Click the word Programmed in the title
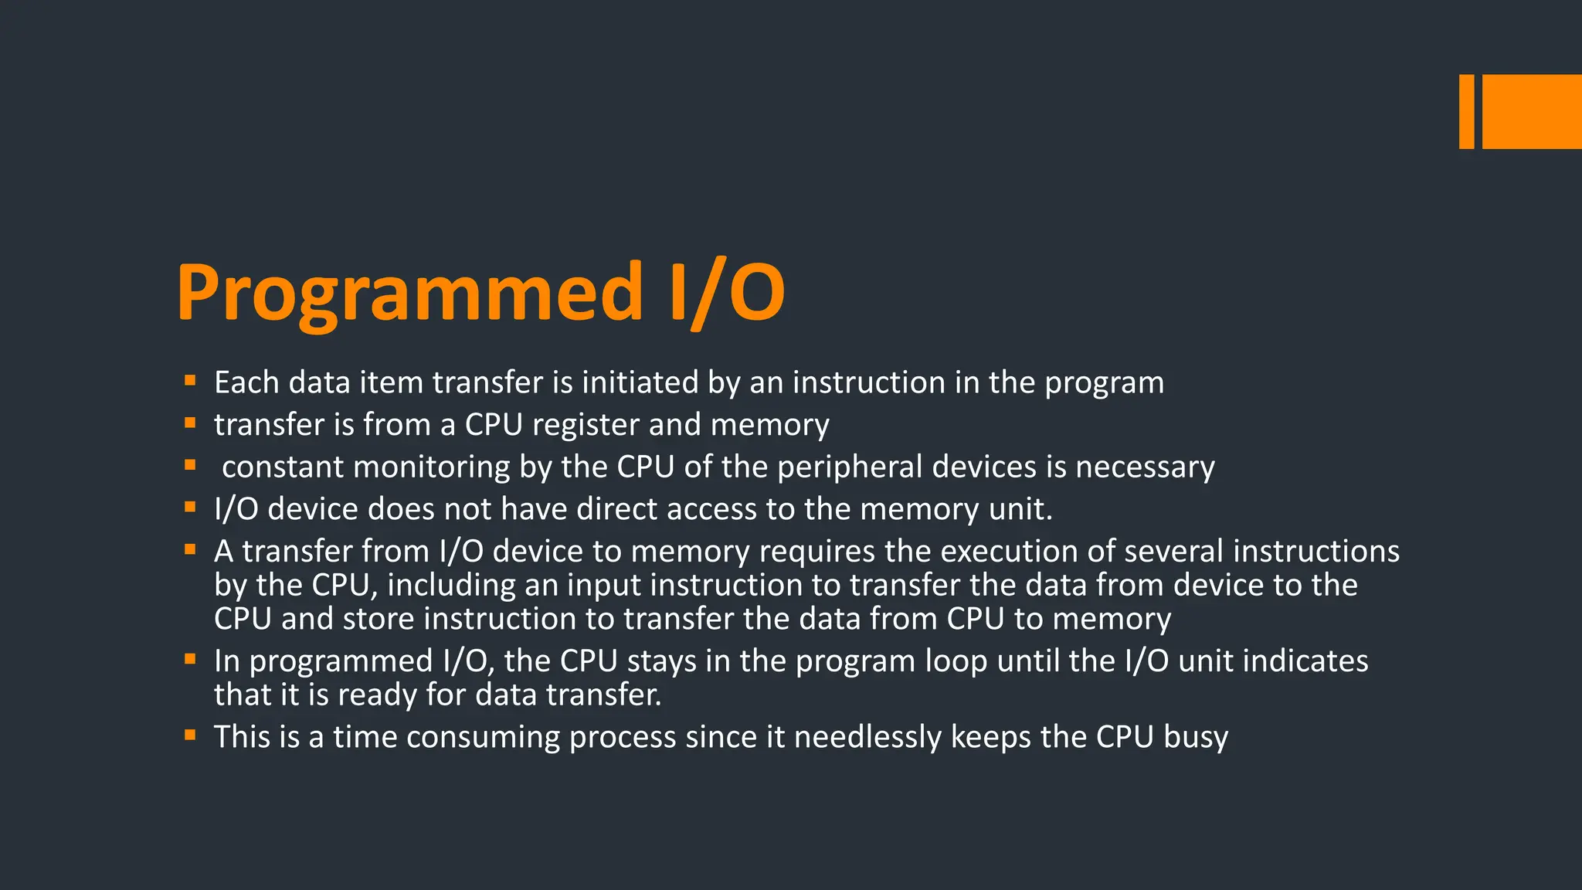click(409, 294)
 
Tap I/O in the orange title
click(726, 294)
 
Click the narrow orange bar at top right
click(1466, 111)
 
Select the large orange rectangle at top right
click(1532, 111)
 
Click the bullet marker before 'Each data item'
click(190, 380)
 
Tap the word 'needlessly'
click(867, 737)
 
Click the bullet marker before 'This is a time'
click(190, 735)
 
